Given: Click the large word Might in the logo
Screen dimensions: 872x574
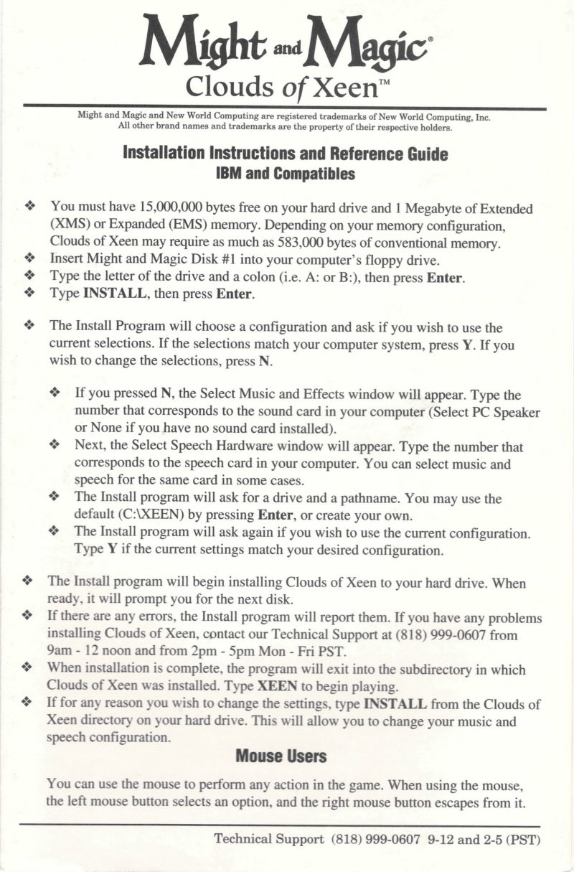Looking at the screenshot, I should click(x=204, y=44).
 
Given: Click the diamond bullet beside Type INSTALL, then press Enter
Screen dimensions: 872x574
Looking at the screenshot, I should click(x=29, y=293).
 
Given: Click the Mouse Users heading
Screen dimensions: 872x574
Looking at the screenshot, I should click(x=281, y=756).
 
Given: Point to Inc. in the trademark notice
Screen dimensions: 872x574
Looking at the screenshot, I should click(x=480, y=118).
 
